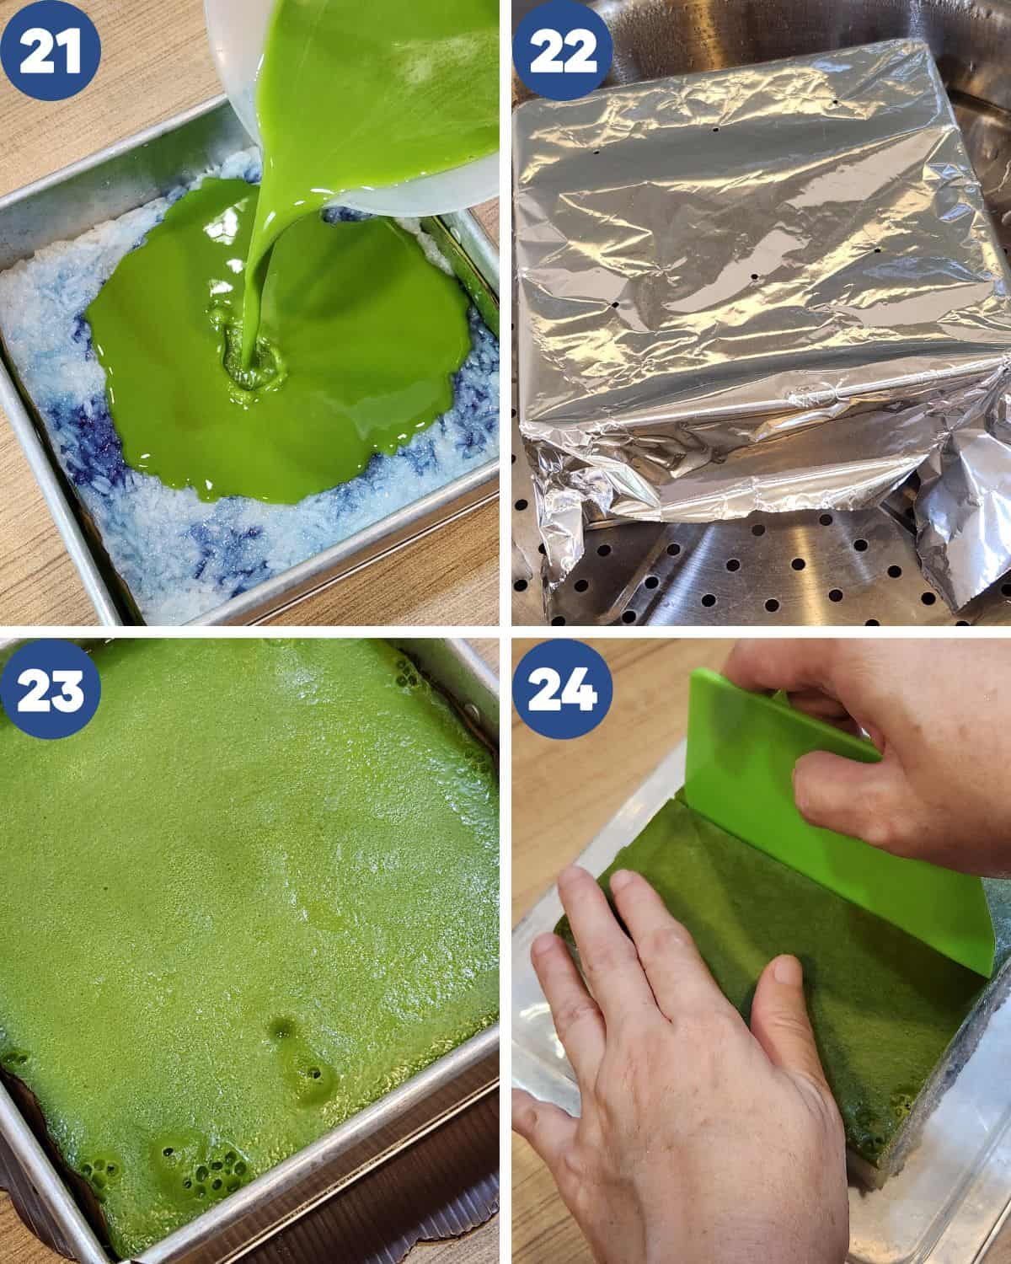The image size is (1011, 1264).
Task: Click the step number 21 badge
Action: pos(51,50)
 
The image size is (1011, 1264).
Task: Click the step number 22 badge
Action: pos(563,51)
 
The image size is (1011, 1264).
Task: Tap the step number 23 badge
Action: pos(51,688)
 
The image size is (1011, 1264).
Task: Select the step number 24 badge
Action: pos(563,688)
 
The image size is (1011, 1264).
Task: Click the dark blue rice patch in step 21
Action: pos(88,447)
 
